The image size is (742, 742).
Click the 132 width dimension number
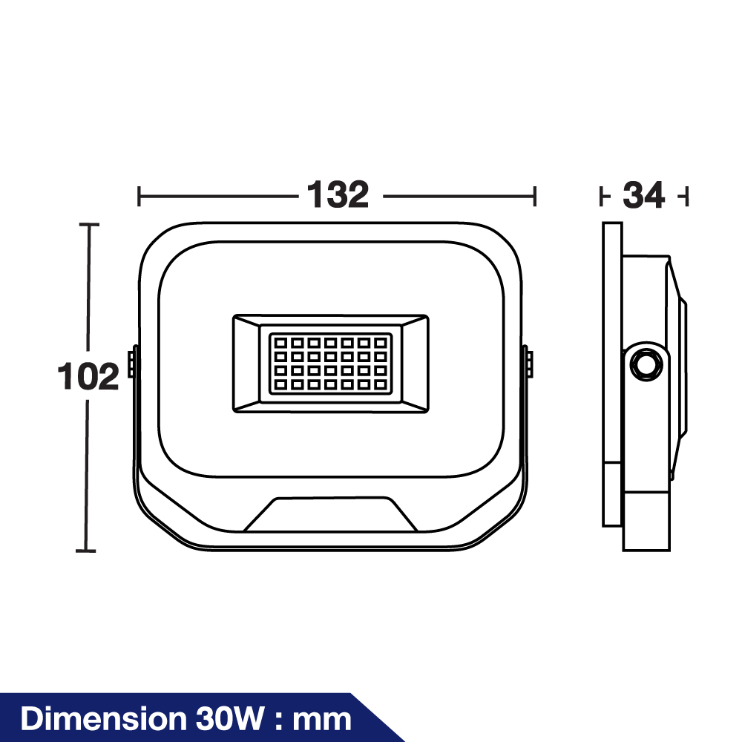point(338,194)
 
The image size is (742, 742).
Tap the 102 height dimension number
point(88,376)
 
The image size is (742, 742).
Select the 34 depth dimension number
point(643,195)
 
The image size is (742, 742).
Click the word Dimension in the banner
point(104,718)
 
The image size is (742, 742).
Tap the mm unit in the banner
point(322,721)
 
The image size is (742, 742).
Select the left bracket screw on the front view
point(131,364)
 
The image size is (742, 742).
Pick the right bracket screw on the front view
point(530,364)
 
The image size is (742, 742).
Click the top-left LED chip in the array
point(280,343)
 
